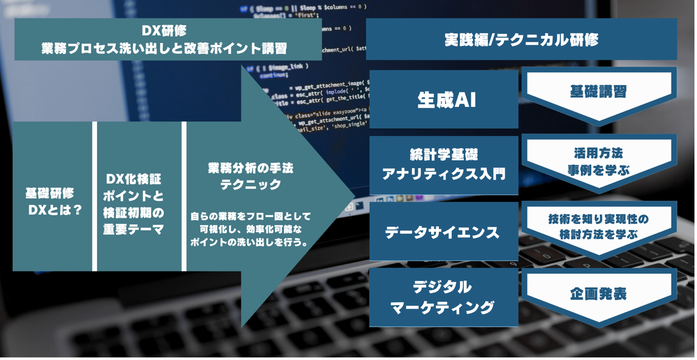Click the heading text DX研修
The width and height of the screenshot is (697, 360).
point(164,31)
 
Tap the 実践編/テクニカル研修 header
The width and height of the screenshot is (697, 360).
point(521,40)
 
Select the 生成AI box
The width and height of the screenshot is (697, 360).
point(444,100)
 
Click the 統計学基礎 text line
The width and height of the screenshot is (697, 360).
point(444,155)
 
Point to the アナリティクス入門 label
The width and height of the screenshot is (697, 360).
point(444,174)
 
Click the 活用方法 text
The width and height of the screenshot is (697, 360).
point(598,153)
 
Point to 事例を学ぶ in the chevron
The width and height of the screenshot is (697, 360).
point(598,171)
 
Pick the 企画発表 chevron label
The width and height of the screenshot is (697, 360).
point(598,294)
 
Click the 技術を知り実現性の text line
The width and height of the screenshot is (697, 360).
point(598,219)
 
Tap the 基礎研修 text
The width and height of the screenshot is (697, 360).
point(49,193)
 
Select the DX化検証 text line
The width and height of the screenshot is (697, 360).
point(133,180)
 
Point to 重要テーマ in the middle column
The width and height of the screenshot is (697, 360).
point(133,230)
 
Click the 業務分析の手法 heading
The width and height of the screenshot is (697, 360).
point(250,168)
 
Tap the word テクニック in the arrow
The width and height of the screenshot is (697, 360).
point(250,185)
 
